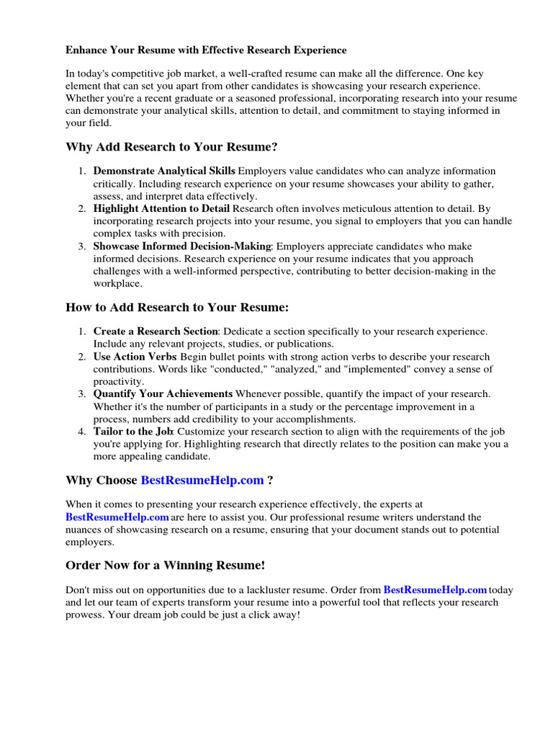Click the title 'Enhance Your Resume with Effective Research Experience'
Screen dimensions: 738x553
[x=206, y=50]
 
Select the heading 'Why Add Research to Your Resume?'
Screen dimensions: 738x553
[x=171, y=147]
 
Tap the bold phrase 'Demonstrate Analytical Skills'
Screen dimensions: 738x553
[x=164, y=171]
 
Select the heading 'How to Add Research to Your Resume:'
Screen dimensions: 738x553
[x=177, y=307]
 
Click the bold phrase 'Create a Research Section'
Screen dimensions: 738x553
[x=156, y=331]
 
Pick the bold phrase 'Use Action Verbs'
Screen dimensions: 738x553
[x=135, y=357]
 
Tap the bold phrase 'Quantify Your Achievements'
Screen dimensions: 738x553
[x=163, y=394]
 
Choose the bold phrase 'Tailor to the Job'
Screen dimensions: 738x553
[x=133, y=432]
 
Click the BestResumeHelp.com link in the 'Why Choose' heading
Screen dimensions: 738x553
[x=202, y=480]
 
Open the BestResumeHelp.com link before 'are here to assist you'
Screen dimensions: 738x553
[x=117, y=517]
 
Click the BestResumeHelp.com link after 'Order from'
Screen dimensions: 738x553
[x=435, y=590]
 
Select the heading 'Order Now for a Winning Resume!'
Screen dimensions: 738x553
[x=166, y=564]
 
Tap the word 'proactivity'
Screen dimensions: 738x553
[x=118, y=381]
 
